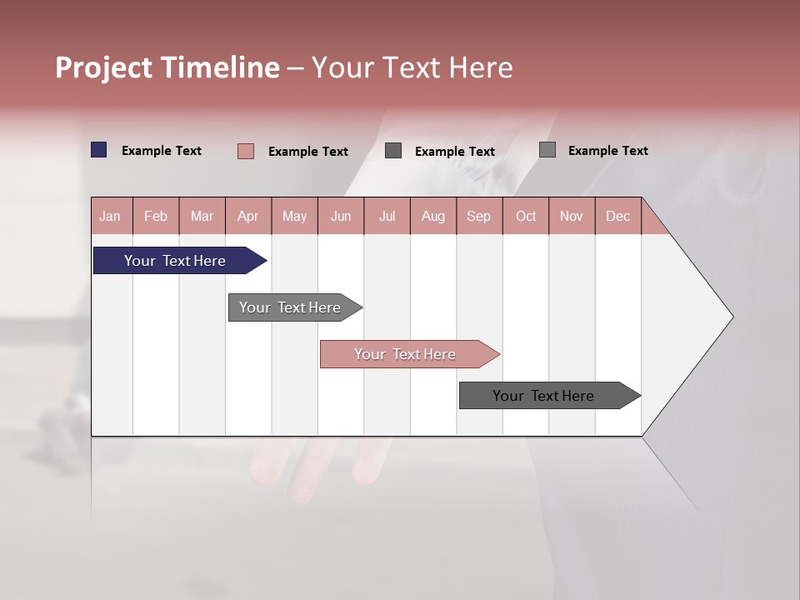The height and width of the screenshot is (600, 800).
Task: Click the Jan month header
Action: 110,216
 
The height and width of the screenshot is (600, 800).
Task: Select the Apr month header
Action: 247,216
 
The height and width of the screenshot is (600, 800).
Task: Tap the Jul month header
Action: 387,216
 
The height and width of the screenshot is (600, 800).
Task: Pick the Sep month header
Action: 478,216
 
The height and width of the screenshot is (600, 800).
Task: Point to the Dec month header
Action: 617,216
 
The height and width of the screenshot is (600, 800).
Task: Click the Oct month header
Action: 526,216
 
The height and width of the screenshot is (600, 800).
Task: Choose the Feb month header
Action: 156,216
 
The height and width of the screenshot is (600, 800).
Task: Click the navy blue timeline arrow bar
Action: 175,261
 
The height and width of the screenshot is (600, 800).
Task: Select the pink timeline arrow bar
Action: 405,354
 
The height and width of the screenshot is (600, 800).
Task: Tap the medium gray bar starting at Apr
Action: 290,307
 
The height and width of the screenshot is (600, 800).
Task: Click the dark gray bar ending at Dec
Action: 543,396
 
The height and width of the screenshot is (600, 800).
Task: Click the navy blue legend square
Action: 99,150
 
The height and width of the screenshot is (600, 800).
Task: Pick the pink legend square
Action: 245,151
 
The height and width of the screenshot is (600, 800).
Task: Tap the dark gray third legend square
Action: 393,151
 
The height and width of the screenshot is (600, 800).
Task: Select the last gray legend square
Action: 547,150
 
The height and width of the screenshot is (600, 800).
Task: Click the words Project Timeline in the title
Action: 167,67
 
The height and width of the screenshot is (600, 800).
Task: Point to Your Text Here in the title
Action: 412,67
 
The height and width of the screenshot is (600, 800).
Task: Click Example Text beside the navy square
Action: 162,151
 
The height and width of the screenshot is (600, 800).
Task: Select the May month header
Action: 294,216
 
